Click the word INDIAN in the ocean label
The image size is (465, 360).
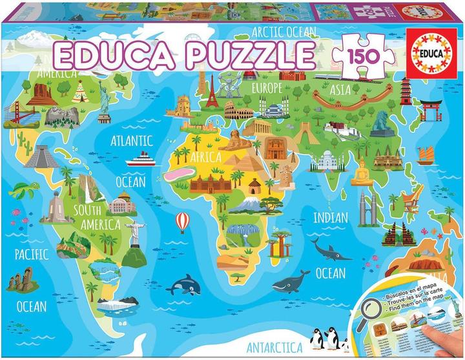[x=331, y=217]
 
